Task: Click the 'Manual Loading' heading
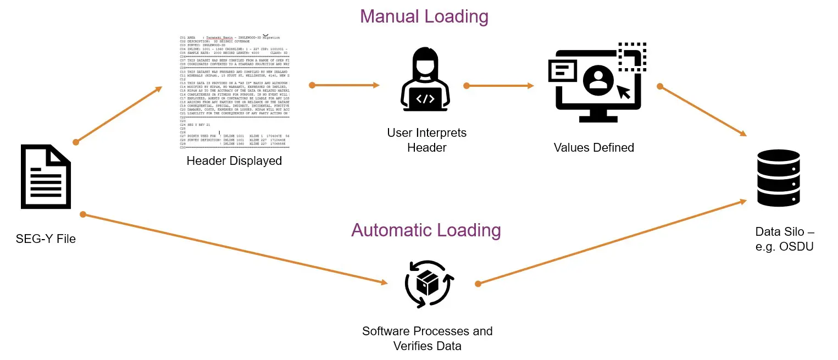tap(424, 16)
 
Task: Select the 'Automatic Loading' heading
tap(426, 230)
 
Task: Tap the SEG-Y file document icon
tap(46, 176)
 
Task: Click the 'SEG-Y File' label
tap(46, 239)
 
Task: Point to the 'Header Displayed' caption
tap(234, 161)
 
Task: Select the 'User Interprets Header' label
tap(426, 140)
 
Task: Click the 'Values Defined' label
tap(593, 148)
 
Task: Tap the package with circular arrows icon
tap(428, 284)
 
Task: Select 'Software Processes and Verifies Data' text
tap(427, 339)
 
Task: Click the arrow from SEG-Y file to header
tap(119, 114)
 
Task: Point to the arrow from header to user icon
tap(345, 85)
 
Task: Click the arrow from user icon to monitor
tap(500, 86)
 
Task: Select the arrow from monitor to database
tap(703, 110)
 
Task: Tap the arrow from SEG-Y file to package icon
tap(233, 248)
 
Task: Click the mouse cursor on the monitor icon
tap(623, 91)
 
